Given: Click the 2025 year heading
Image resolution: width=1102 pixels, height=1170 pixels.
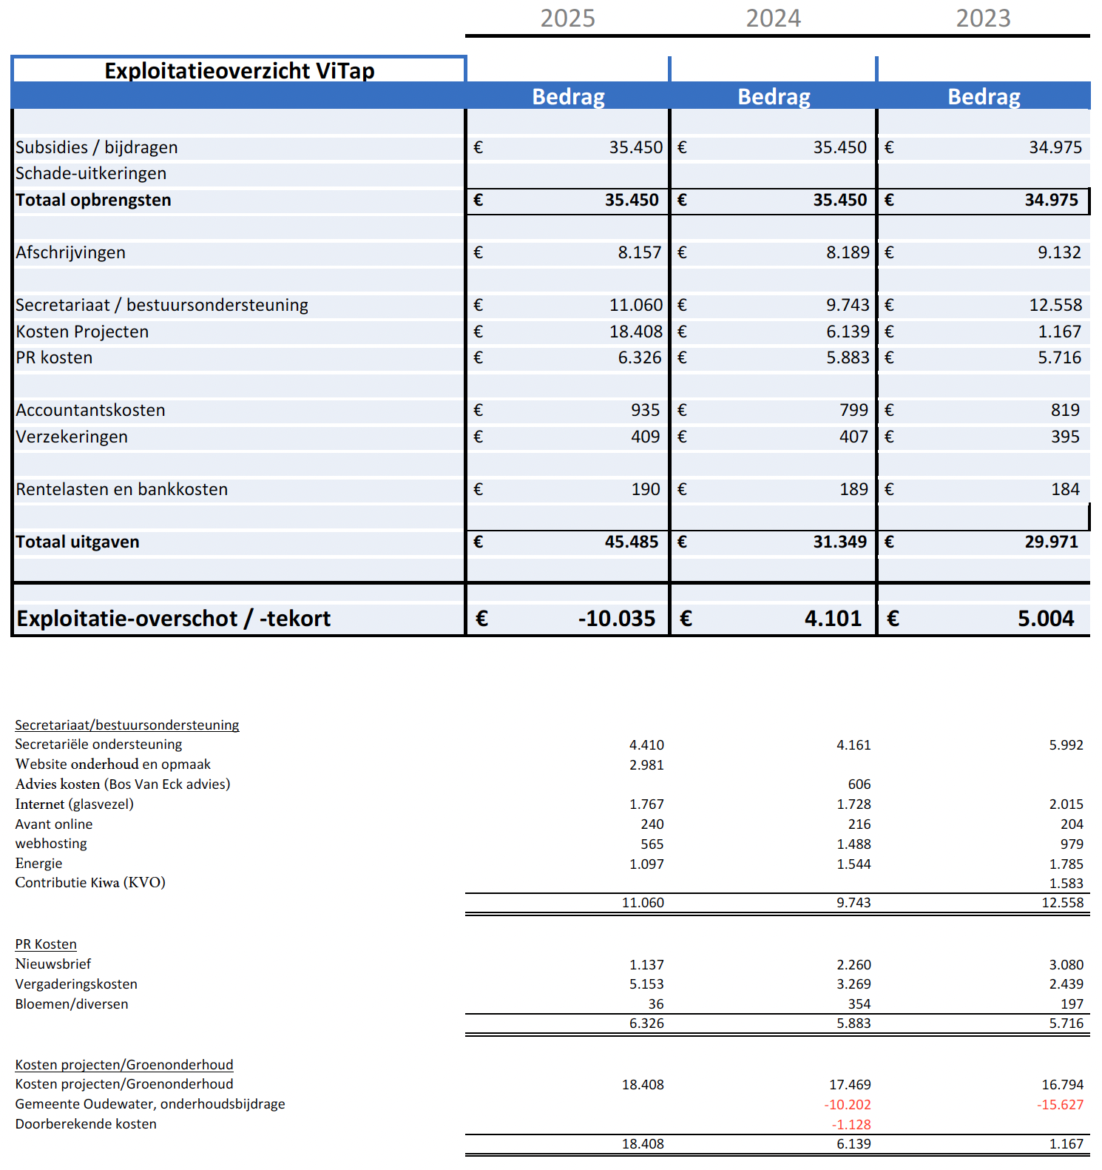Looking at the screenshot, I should (x=567, y=18).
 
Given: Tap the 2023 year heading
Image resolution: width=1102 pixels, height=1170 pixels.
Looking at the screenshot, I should (x=983, y=18).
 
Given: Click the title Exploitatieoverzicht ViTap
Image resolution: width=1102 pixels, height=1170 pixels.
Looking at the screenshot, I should (x=239, y=71).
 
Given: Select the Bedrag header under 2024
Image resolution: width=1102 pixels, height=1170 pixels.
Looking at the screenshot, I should (x=774, y=97).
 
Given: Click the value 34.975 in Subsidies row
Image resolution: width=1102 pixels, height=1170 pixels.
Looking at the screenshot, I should (x=1055, y=147).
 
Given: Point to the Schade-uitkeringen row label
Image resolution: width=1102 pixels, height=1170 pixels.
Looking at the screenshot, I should (x=91, y=173).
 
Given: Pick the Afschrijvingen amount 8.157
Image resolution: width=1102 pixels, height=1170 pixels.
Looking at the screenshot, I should (x=639, y=252).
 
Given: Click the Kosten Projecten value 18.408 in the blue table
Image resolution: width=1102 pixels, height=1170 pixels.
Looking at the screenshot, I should (x=635, y=332).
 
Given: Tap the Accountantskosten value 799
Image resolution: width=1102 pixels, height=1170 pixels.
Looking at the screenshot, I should (x=853, y=410).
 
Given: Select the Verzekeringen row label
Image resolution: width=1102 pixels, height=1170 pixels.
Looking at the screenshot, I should (x=72, y=437).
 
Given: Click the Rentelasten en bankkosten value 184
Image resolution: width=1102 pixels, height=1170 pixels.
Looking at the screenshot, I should (x=1065, y=489).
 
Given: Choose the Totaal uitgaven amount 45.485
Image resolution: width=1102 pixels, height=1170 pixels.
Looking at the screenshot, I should (x=631, y=542).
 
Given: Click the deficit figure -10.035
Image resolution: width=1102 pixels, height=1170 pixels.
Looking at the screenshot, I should (x=616, y=618).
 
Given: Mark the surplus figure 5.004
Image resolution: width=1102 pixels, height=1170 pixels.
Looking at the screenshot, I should (x=1045, y=618).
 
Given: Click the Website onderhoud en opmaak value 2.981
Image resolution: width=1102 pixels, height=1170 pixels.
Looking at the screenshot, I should (x=646, y=764).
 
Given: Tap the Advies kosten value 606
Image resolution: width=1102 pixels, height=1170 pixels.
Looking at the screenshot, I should (x=859, y=784).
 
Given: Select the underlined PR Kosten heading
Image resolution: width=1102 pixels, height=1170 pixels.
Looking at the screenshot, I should (x=46, y=944).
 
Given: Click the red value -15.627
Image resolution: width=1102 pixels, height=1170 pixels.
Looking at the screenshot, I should (x=1060, y=1105).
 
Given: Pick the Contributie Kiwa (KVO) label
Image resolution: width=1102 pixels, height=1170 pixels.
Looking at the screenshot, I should (x=90, y=883).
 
